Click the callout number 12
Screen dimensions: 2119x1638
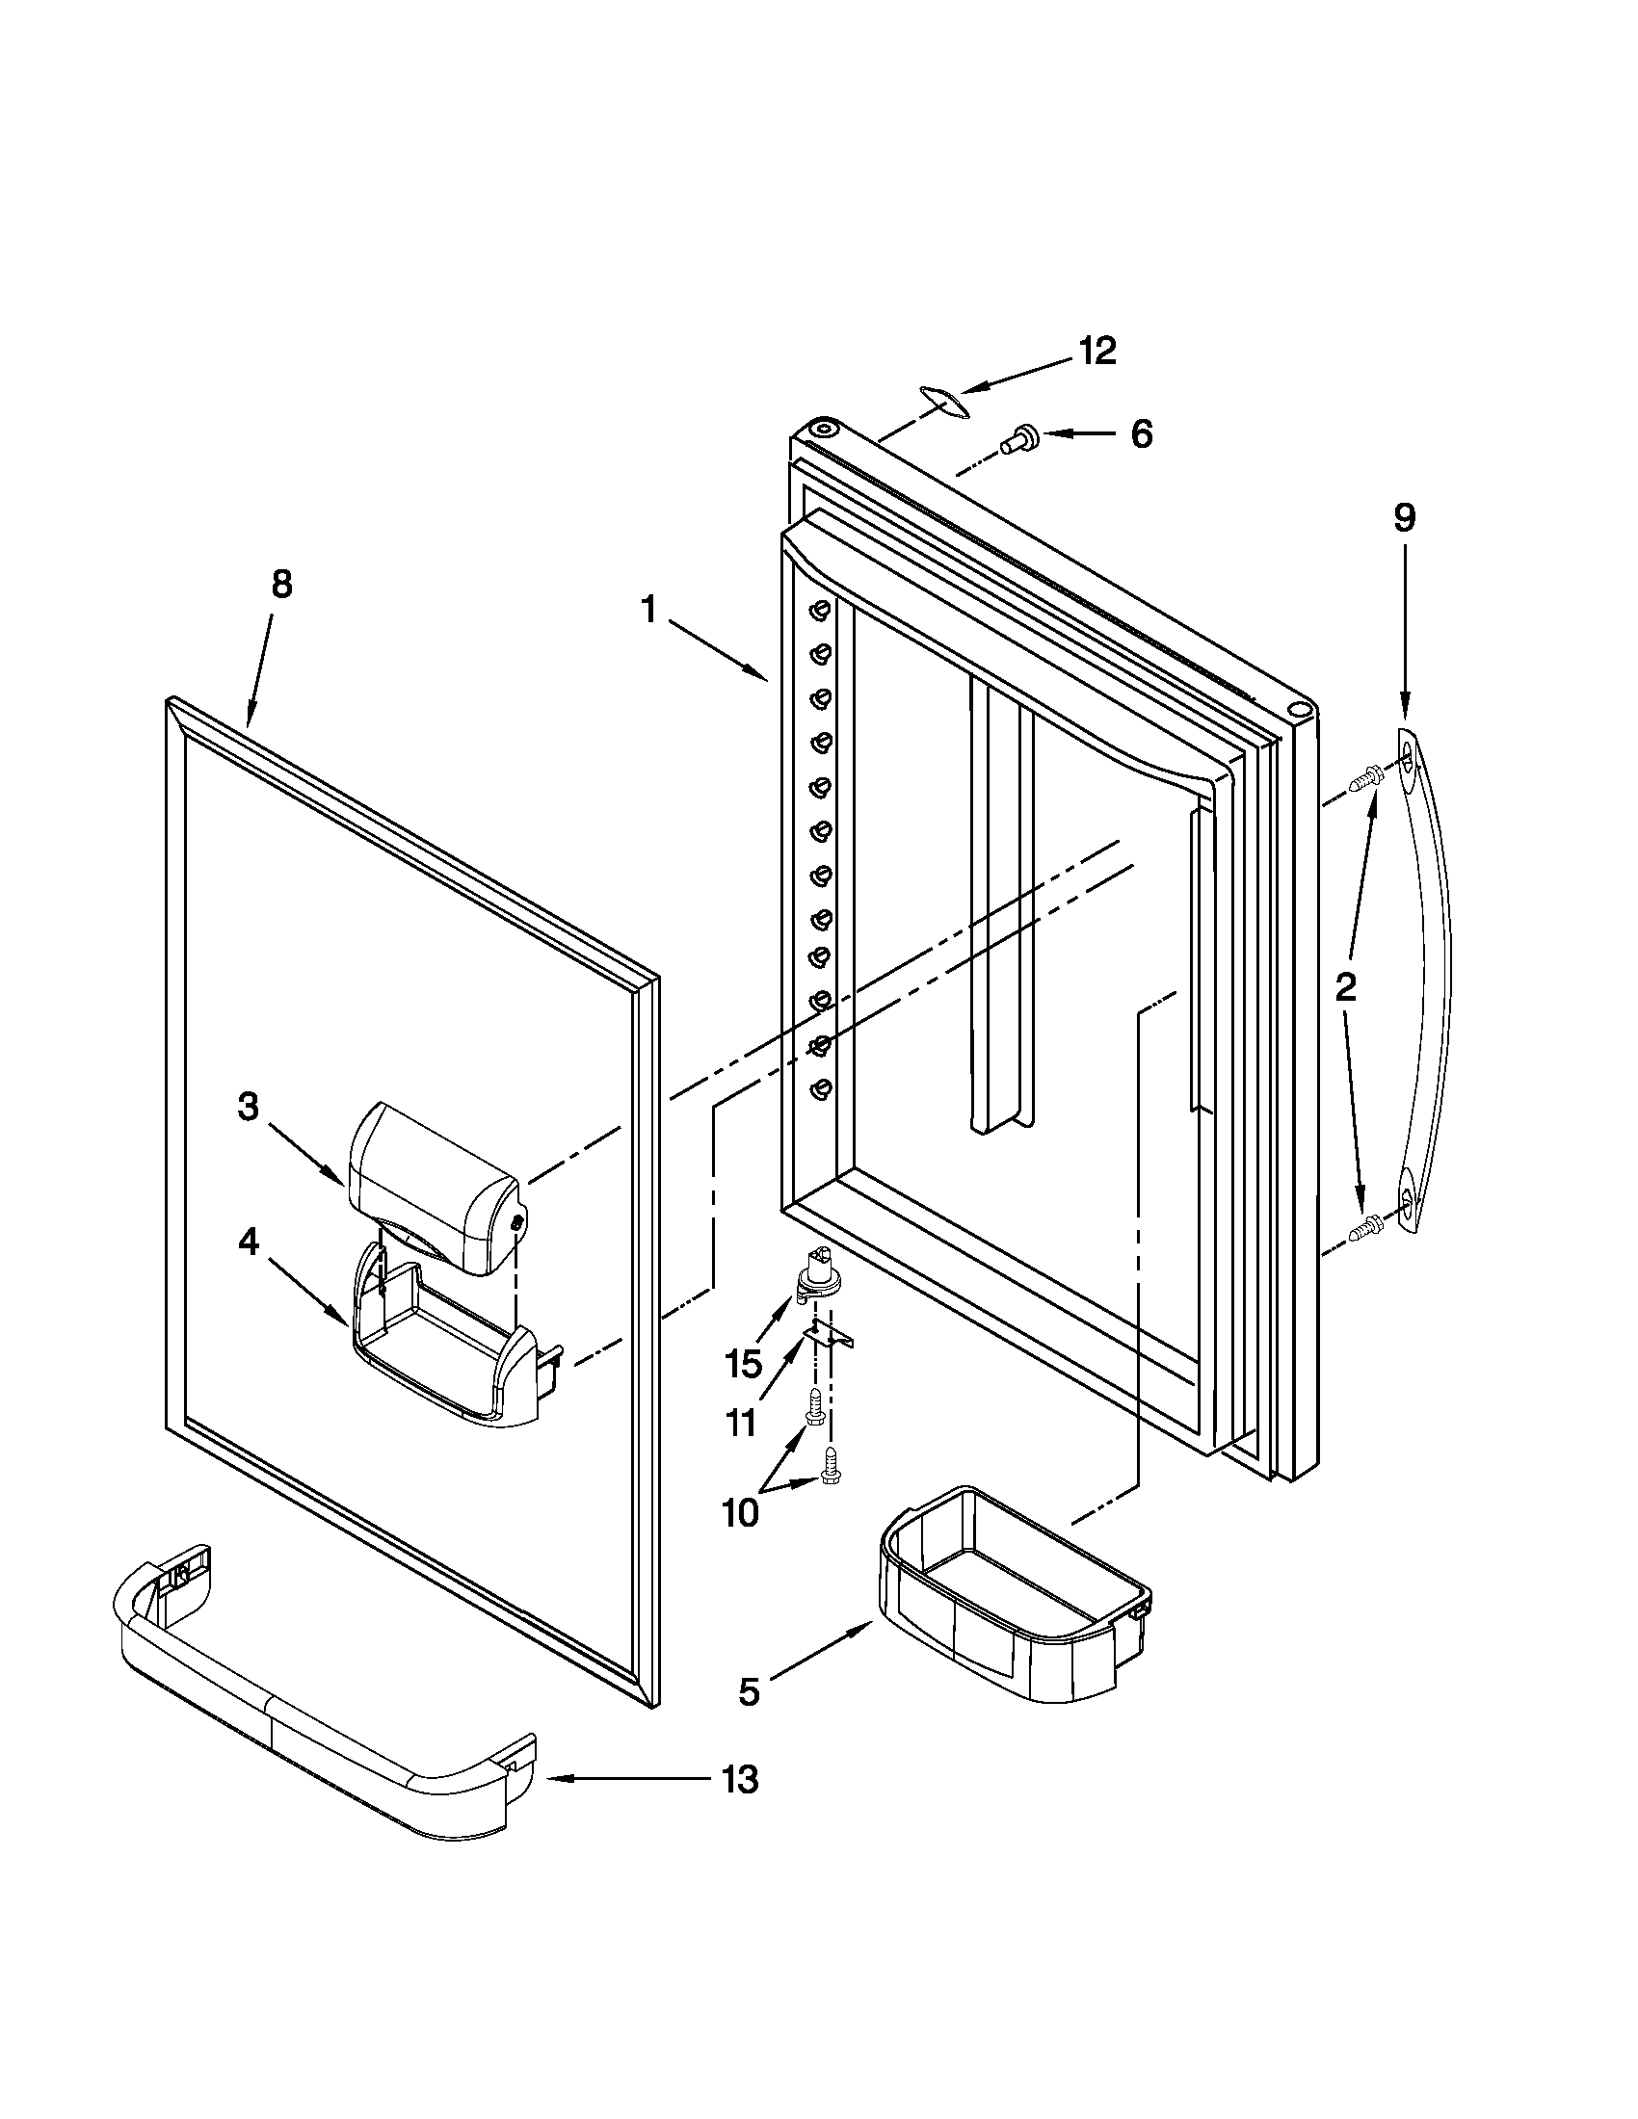[1097, 352]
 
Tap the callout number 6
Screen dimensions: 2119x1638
[1141, 433]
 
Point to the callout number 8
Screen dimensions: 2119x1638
[280, 585]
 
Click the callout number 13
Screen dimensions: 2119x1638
[740, 1779]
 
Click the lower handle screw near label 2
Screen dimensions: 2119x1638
[1367, 1227]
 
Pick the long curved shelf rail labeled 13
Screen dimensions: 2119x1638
[320, 1708]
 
